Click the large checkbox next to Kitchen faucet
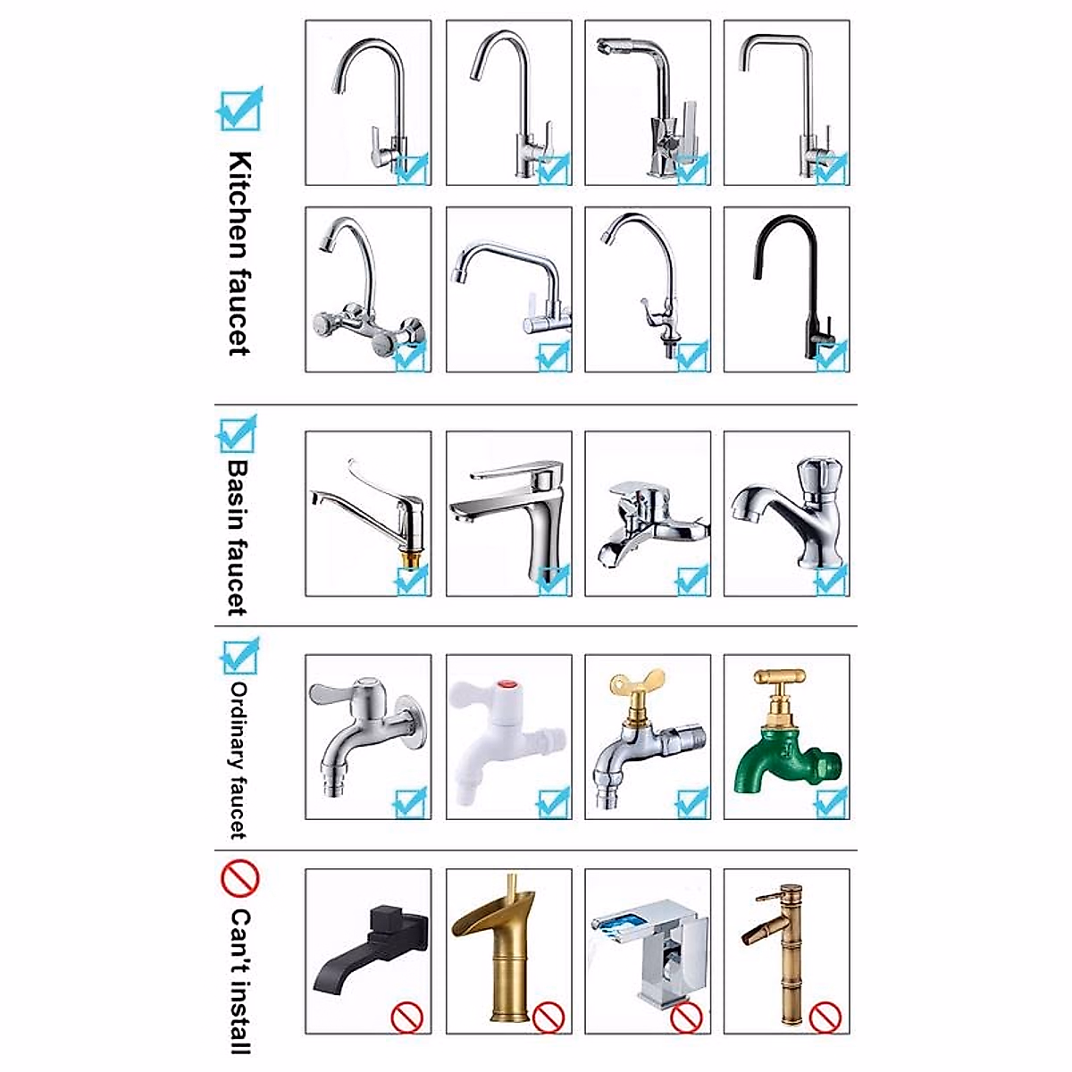click(x=239, y=109)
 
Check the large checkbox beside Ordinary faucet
click(x=239, y=657)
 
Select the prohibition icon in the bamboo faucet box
click(x=827, y=1016)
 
